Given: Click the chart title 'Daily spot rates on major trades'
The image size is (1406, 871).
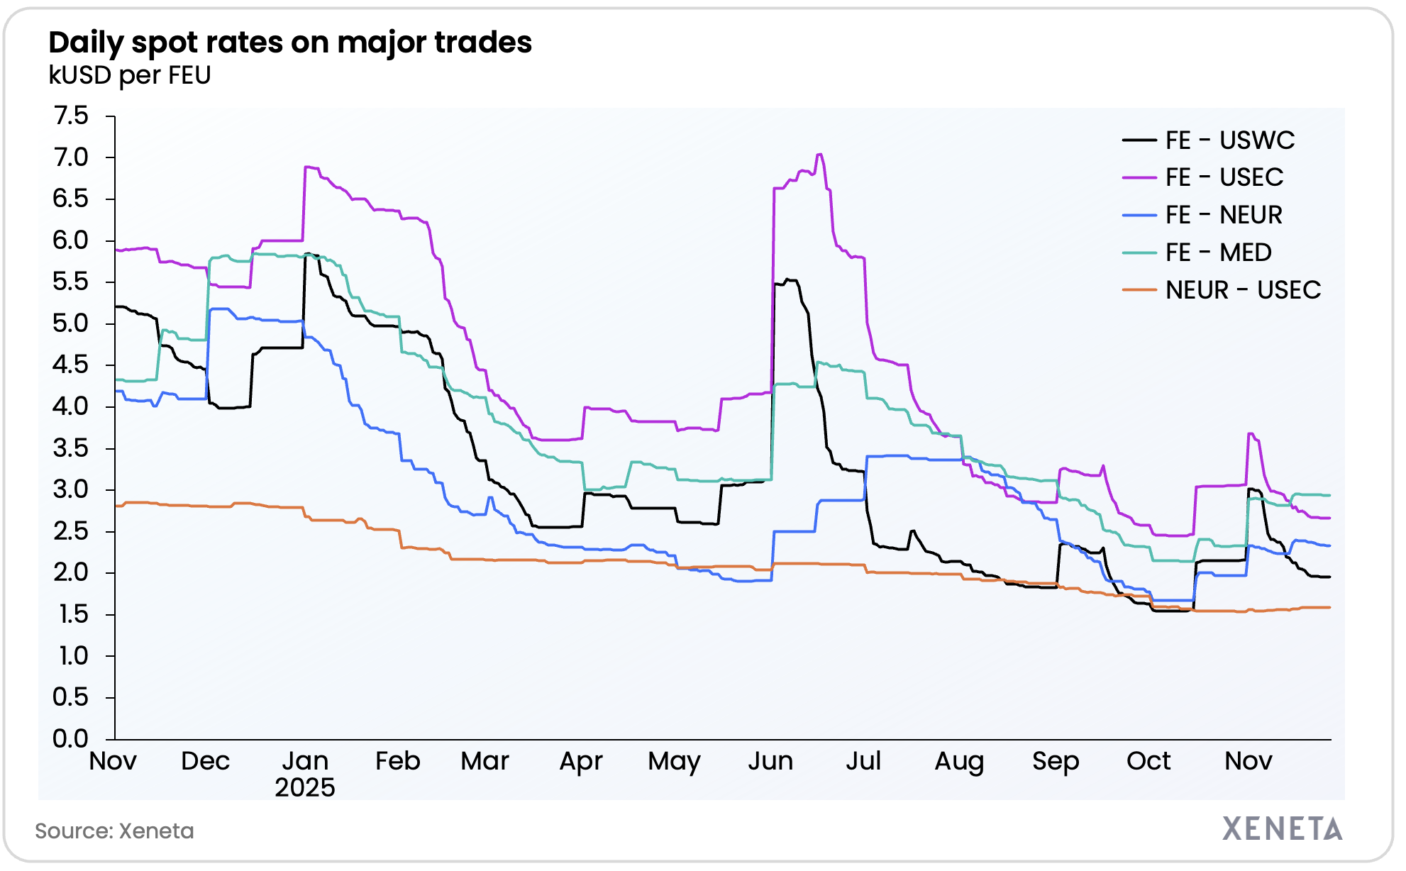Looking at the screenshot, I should pos(290,43).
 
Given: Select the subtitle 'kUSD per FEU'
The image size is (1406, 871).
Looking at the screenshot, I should pos(130,75).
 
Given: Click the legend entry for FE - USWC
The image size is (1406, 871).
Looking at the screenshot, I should pos(1229,140).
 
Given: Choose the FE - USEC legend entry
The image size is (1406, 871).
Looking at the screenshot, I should pos(1224,177).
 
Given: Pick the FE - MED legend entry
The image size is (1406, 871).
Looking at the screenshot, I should pos(1218,253).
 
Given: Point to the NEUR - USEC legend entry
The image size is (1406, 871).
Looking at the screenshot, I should pos(1242,290).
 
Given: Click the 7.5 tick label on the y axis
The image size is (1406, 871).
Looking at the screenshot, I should pos(71,116).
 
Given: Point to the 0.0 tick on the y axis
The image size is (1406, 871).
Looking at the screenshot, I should pos(71,738).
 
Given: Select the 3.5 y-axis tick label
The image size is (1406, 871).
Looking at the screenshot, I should pos(71,448).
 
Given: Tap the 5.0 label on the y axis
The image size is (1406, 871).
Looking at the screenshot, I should pos(71,323).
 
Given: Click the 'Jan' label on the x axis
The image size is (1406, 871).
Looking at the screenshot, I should pos(305,761).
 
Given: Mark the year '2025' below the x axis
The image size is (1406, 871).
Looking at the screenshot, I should pos(305,787).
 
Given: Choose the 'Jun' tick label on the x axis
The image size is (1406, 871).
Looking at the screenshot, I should pos(770,761).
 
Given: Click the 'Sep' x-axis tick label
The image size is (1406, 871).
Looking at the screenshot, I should pos(1056,761).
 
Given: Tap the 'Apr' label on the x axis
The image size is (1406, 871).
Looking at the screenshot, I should pos(581,761).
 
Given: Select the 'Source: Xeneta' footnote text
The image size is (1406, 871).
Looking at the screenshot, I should pos(114,831).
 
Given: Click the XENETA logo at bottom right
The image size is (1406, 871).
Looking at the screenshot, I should pos(1282,828).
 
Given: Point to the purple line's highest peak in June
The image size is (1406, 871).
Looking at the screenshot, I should pos(819,154).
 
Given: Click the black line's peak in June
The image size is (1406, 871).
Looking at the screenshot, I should pos(790,279).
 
